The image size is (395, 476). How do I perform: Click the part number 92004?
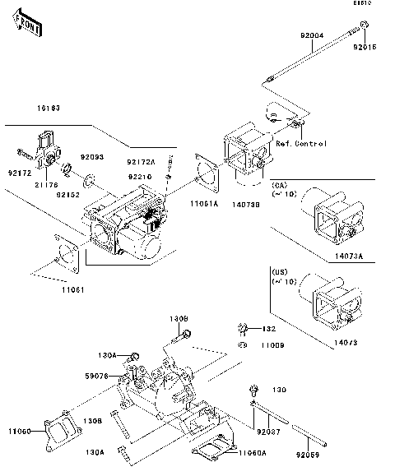312,37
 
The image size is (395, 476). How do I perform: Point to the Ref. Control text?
301,144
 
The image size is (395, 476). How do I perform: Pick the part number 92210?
138,176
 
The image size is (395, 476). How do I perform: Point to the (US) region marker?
278,270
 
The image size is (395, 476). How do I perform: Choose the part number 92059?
309,455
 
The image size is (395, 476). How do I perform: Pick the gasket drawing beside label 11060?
58,432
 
